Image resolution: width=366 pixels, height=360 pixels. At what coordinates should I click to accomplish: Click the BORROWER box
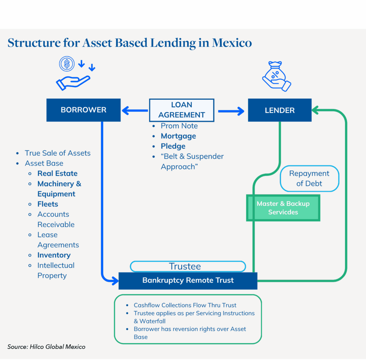(x=83, y=110)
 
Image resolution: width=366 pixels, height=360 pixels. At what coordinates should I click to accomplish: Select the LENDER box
(x=280, y=110)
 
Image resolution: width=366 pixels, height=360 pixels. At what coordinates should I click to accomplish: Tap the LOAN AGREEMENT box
(x=182, y=110)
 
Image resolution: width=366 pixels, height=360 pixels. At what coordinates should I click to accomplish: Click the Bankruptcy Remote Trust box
(x=188, y=280)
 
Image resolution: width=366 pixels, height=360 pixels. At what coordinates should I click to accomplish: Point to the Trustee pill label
(x=188, y=266)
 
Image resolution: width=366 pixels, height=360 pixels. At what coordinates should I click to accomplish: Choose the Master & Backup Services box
(x=283, y=208)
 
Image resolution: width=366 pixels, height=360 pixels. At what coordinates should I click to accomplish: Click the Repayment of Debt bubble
(x=309, y=178)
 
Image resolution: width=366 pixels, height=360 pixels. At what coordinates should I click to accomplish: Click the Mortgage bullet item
(x=178, y=136)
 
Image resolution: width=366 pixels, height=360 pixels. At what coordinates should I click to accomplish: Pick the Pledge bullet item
(x=173, y=146)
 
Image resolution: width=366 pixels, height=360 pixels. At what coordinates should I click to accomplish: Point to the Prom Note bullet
(x=179, y=126)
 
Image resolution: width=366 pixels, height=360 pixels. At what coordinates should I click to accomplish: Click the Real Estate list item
(x=57, y=173)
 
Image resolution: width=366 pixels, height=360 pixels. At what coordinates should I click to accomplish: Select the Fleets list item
(x=48, y=204)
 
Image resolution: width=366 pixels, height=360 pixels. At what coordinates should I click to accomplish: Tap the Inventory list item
(x=54, y=255)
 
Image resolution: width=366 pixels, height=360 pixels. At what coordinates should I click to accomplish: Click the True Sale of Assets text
(x=58, y=153)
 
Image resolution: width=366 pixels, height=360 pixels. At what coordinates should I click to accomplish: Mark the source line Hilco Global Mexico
(x=46, y=347)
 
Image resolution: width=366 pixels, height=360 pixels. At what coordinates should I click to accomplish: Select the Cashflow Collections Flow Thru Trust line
(x=185, y=305)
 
